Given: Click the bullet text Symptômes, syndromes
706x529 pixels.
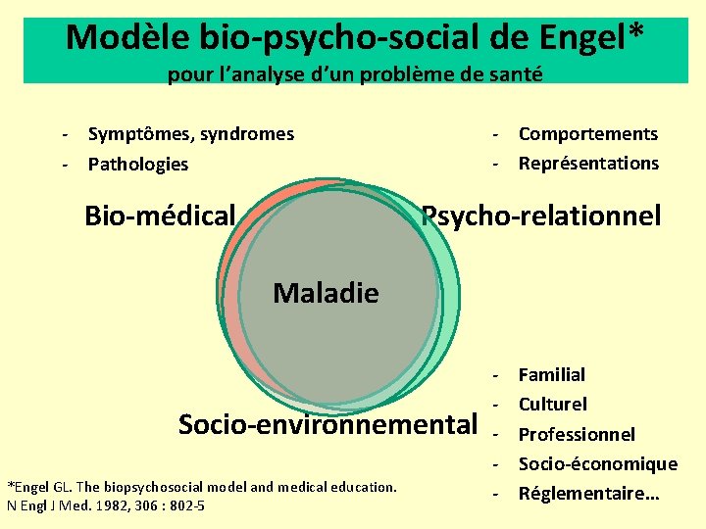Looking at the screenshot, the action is pyautogui.click(x=190, y=133).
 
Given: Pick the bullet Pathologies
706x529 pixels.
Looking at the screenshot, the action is pyautogui.click(x=137, y=164).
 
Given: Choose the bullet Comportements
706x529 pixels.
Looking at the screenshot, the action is pyautogui.click(x=587, y=133).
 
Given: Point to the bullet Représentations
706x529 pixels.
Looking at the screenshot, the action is pyautogui.click(x=588, y=163).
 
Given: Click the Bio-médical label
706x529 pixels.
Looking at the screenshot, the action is pyautogui.click(x=160, y=215).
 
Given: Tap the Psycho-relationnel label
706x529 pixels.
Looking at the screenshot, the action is pyautogui.click(x=541, y=215).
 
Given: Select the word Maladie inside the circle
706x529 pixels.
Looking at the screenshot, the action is pyautogui.click(x=326, y=292).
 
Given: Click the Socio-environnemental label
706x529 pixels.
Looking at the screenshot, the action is pyautogui.click(x=327, y=424).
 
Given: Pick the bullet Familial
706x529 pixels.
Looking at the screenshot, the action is pyautogui.click(x=551, y=374).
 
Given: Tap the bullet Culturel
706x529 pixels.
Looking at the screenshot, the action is pyautogui.click(x=552, y=404).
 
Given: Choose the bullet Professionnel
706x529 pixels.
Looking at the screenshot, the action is pyautogui.click(x=577, y=434).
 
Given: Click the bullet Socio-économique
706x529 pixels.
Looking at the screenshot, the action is pyautogui.click(x=597, y=463).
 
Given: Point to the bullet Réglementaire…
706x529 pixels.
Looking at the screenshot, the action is pyautogui.click(x=588, y=494).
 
